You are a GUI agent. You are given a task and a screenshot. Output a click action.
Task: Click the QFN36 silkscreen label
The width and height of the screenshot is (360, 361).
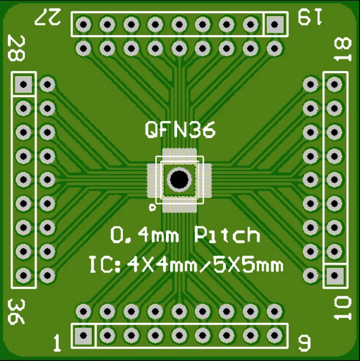[180, 130]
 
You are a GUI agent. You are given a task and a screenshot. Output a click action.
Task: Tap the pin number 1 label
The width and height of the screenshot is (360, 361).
[56, 342]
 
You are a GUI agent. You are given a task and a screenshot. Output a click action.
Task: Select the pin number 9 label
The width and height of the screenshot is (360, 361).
[304, 342]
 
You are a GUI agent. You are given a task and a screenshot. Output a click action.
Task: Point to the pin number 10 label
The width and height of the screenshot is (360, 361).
[342, 309]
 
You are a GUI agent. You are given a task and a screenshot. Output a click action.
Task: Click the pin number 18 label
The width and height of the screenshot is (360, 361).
[342, 52]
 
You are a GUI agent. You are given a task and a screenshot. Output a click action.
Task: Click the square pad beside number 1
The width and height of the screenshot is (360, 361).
[84, 336]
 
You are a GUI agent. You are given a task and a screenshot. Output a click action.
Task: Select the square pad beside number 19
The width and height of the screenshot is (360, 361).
[275, 24]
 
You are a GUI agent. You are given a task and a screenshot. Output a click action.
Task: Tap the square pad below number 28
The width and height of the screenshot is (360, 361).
[23, 85]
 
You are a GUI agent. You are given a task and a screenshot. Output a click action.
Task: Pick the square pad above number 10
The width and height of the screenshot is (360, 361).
[335, 276]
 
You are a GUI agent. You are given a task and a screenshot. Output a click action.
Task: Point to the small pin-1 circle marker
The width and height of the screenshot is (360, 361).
[152, 208]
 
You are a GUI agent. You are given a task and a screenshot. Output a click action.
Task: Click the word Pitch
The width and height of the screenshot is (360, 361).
[227, 235]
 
